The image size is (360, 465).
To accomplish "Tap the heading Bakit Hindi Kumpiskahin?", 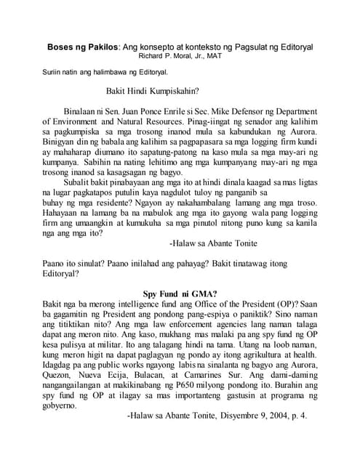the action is (152, 93).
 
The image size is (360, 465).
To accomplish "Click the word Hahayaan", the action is (63, 214).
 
